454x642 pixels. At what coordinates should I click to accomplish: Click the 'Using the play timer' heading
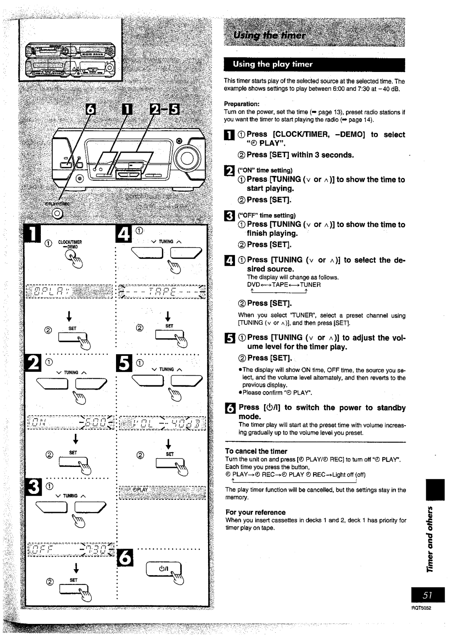pos(273,64)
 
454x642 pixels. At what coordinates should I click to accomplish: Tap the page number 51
pos(428,595)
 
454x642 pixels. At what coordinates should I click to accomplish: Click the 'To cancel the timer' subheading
pos(256,451)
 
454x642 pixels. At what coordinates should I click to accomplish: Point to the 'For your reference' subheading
pos(255,512)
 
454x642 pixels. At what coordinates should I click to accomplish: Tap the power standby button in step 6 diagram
pos(164,570)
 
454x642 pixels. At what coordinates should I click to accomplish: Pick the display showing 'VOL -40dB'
pos(163,423)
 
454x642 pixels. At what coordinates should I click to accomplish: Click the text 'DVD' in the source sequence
pos(253,285)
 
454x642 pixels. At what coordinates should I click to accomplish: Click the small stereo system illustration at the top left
pos(70,60)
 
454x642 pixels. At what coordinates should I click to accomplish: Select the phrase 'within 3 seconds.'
pos(322,155)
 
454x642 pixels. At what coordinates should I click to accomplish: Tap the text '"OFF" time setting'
pos(267,215)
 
